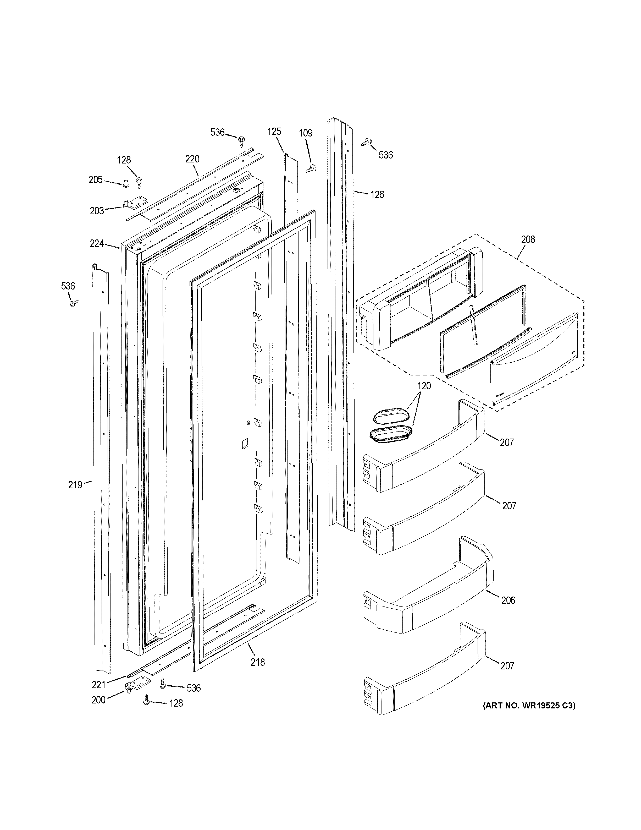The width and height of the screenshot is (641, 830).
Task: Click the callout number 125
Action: (x=274, y=132)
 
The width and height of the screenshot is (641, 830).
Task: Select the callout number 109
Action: (x=305, y=133)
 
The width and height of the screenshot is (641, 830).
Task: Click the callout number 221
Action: (x=98, y=685)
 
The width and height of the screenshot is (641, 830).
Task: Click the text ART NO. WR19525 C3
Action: (x=529, y=706)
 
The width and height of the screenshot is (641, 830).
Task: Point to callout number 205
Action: (x=96, y=179)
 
